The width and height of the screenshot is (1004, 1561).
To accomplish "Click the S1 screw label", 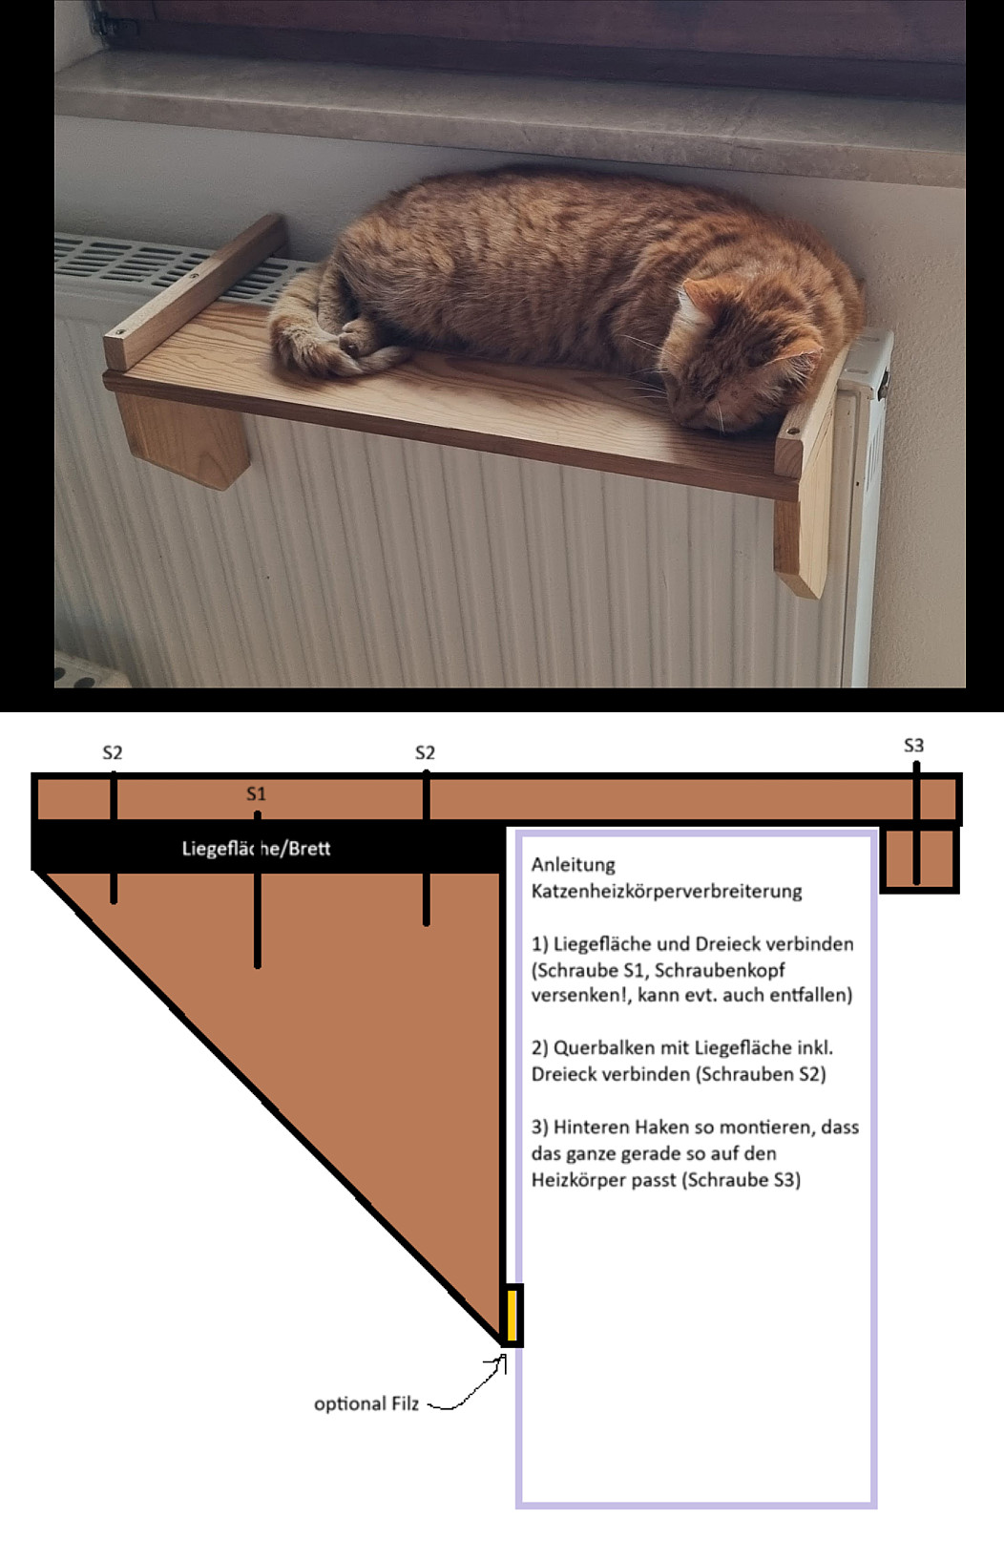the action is click(x=257, y=793).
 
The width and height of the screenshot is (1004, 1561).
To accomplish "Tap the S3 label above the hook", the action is click(x=913, y=746).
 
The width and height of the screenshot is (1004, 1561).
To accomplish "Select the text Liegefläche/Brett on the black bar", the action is click(x=257, y=849).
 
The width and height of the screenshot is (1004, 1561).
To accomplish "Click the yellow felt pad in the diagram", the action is click(x=512, y=1315).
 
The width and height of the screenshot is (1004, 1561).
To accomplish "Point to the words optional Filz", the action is click(x=366, y=1403).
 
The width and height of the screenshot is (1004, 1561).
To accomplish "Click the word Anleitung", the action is click(x=574, y=865).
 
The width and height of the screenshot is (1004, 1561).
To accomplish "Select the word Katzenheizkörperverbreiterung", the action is click(x=667, y=892).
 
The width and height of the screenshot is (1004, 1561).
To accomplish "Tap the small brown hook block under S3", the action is click(x=920, y=858).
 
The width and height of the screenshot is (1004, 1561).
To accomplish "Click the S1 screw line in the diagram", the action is click(x=257, y=890).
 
